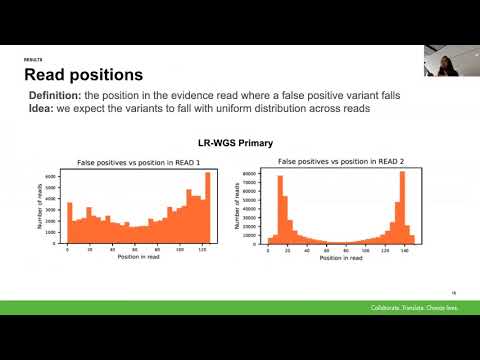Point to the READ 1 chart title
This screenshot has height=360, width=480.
click(x=142, y=161)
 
